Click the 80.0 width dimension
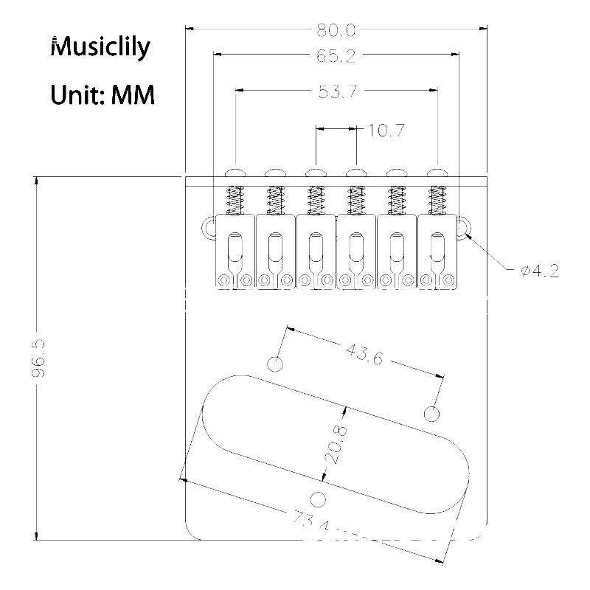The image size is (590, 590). click(336, 29)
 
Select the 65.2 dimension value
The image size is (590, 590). click(336, 56)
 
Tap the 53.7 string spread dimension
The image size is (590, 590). click(338, 91)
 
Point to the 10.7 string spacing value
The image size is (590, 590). click(385, 131)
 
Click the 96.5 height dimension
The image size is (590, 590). click(39, 358)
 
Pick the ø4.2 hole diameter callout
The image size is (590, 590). click(541, 271)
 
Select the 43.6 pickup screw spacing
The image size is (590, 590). click(364, 354)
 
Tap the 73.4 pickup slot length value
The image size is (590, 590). click(312, 521)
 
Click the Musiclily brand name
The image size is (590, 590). click(100, 47)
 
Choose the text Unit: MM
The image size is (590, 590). click(103, 95)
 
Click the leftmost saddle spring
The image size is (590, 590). click(234, 201)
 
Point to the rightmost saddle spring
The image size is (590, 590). click(437, 201)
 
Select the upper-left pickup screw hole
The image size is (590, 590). click(275, 364)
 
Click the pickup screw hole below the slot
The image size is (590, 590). click(319, 499)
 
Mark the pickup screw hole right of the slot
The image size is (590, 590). click(431, 414)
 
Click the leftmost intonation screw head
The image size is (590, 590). click(235, 173)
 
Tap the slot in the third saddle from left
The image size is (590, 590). click(316, 247)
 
